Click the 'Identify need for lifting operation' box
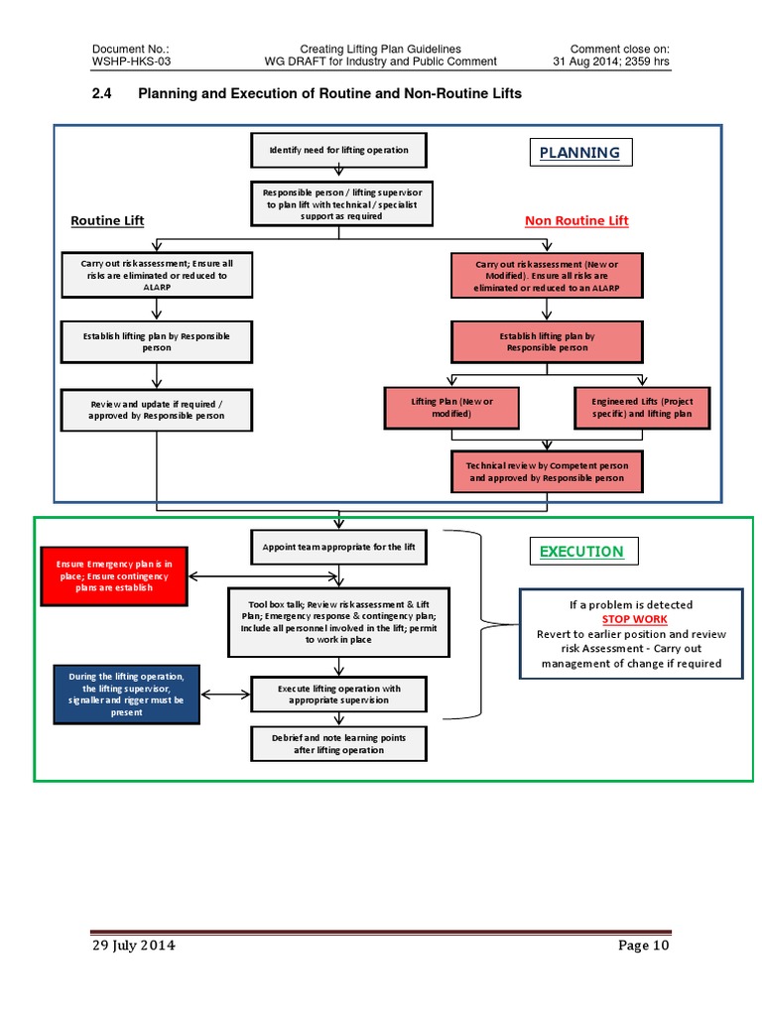338,151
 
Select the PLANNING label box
578,153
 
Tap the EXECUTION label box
581,552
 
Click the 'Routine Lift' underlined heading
107,220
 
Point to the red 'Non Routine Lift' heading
576,220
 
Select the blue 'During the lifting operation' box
127,696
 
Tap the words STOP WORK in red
634,619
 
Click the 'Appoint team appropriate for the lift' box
338,547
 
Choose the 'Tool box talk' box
338,621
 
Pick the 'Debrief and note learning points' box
338,744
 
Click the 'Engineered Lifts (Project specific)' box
642,407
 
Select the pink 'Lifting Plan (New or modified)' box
451,407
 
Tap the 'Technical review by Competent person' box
547,471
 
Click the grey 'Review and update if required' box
157,409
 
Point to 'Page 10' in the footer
644,946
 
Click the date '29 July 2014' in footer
134,946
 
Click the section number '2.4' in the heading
103,94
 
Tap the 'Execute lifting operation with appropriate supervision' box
338,694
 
